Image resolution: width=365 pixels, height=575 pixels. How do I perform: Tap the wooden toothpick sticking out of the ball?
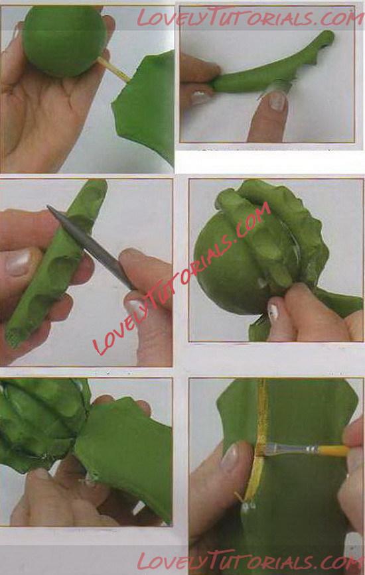pos(114,70)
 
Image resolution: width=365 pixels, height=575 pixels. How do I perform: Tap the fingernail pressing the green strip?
pos(277,101)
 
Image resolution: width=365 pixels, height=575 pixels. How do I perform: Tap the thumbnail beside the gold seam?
pos(231,458)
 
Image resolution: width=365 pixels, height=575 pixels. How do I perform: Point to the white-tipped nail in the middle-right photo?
pos(272,311)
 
